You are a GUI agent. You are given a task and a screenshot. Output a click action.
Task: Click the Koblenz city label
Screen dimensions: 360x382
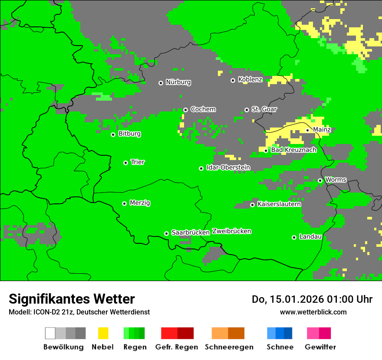[250, 80]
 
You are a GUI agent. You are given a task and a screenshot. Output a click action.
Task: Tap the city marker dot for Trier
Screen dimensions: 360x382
[125, 163]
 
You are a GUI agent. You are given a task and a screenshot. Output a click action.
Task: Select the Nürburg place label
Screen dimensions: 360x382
[178, 82]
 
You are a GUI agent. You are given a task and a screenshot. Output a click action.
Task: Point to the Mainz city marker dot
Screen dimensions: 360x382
[307, 130]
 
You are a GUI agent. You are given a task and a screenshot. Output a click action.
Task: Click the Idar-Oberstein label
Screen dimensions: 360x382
[228, 167]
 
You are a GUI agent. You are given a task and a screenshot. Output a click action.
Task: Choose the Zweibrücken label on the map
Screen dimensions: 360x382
[232, 231]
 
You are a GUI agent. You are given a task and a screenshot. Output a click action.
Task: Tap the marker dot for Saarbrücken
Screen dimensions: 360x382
[166, 233]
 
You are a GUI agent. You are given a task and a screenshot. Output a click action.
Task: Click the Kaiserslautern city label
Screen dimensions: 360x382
[279, 204]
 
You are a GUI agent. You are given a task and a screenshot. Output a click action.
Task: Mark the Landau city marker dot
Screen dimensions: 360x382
[294, 237]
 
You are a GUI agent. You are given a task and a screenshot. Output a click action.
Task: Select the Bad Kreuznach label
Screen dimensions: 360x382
[294, 150]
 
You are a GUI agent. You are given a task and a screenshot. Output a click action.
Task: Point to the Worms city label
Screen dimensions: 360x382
[336, 180]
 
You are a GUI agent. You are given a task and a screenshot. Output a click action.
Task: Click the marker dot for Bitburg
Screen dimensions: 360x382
[113, 134]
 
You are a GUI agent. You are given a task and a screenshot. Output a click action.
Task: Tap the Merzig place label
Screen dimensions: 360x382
[140, 203]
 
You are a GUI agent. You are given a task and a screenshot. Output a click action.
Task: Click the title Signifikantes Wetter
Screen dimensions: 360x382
[72, 299]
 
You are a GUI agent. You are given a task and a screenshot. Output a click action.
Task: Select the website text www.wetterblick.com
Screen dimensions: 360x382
[313, 312]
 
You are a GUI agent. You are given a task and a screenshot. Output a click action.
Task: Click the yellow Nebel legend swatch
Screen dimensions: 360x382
[103, 333]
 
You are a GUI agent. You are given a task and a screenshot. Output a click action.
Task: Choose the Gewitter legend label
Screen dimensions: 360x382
[320, 347]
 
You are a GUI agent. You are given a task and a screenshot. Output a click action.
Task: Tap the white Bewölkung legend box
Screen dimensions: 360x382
[50, 333]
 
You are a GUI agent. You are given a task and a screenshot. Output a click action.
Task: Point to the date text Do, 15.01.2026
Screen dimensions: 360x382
[286, 299]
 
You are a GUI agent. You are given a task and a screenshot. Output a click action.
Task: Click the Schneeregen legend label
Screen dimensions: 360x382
[229, 347]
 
